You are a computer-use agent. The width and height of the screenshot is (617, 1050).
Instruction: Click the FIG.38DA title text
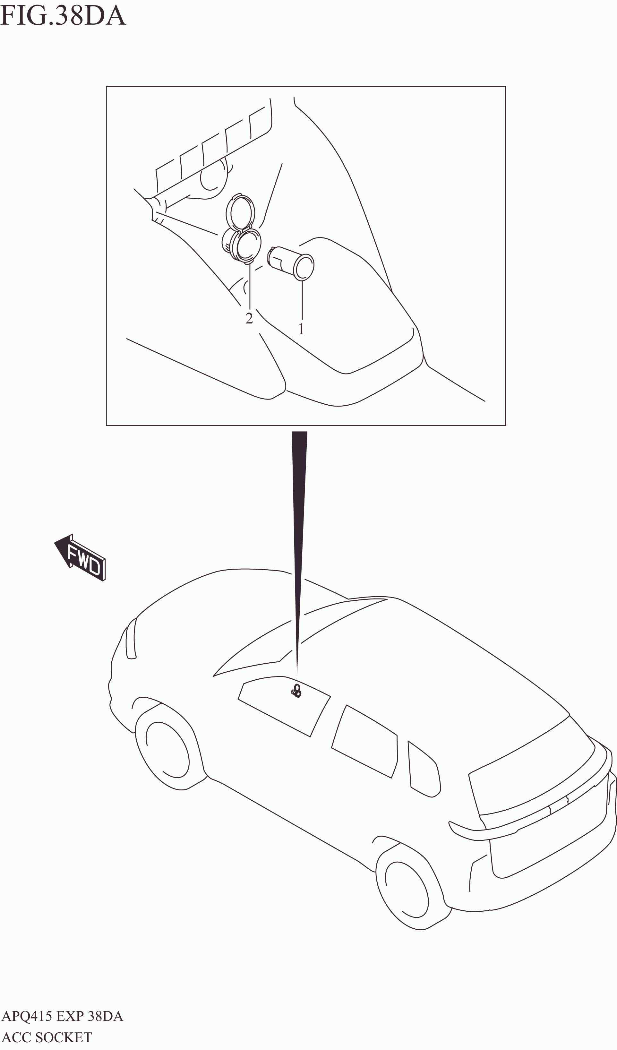(x=63, y=15)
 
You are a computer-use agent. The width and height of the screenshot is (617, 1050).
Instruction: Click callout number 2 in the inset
(x=249, y=318)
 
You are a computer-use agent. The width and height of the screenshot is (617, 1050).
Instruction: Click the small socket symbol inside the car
(x=296, y=691)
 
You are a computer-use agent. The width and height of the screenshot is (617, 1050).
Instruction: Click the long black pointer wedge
(x=299, y=521)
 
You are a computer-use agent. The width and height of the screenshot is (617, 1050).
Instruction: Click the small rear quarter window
(x=424, y=770)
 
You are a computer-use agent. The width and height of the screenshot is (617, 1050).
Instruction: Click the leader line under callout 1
(x=302, y=300)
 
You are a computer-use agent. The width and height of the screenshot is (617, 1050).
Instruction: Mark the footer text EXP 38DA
(x=90, y=1016)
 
